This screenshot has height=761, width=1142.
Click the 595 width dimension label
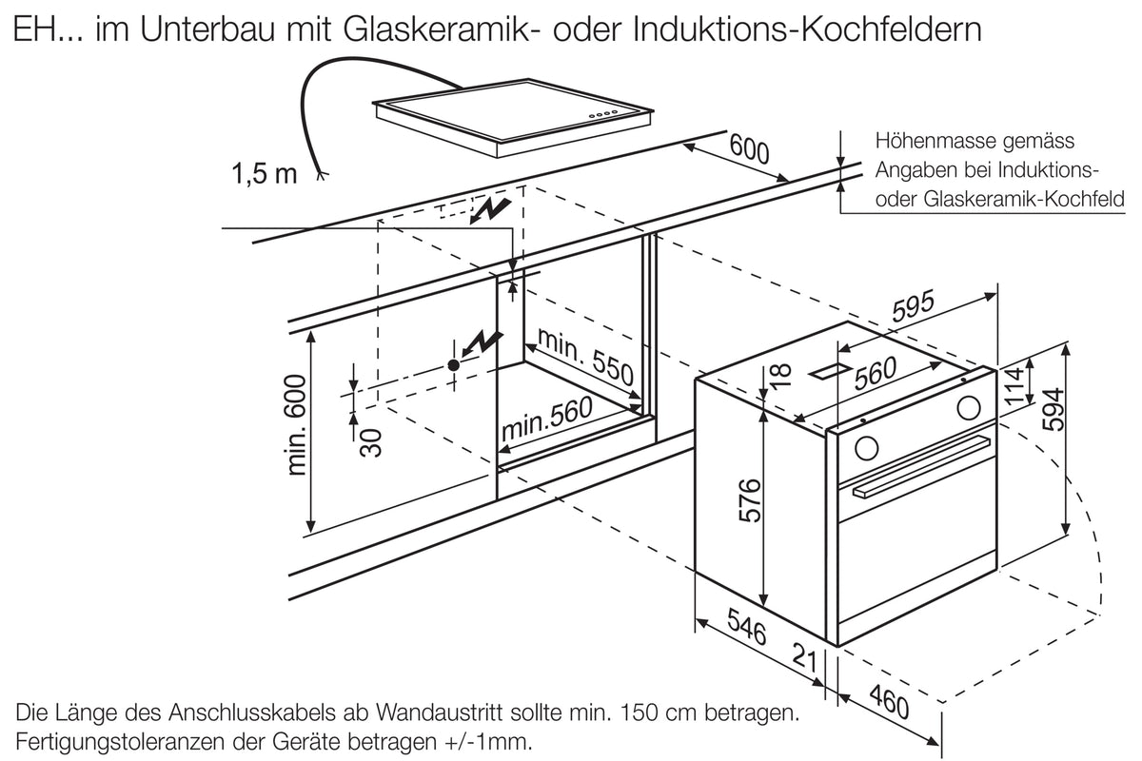tap(913, 305)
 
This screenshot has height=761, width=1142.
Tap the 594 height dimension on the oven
tap(1053, 409)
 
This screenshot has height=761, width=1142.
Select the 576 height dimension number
tap(750, 500)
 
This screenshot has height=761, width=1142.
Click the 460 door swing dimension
tap(889, 701)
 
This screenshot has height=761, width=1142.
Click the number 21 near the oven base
tap(805, 657)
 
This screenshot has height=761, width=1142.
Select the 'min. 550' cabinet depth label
tap(585, 357)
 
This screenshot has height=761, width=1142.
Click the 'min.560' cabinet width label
tap(547, 418)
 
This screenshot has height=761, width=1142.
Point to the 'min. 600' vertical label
tap(297, 425)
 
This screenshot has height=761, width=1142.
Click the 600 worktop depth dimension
tap(749, 148)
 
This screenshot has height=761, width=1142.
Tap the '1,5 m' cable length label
tap(265, 173)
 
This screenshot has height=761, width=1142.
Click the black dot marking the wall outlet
tap(453, 365)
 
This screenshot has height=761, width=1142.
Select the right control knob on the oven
tap(968, 408)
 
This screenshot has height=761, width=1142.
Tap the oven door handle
tap(922, 466)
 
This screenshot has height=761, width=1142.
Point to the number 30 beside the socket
tap(370, 443)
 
